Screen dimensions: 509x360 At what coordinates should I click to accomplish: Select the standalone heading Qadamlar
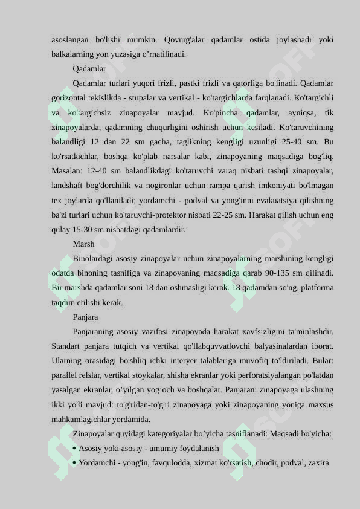point(89,69)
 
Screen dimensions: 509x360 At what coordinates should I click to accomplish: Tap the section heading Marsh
point(83,244)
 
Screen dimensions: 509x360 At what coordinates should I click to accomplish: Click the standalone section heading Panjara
point(85,317)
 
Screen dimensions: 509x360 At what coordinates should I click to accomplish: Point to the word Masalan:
point(68,171)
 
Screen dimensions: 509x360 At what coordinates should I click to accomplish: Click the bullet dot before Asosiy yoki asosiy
point(74,449)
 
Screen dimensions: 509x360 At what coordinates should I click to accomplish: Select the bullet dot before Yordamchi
point(74,464)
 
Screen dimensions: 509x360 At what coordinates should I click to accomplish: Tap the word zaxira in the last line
point(318,464)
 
